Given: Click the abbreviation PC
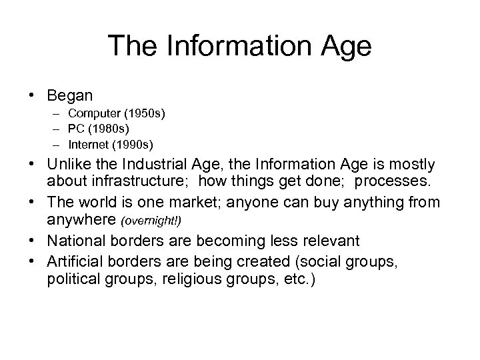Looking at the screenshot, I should point(76,129).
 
